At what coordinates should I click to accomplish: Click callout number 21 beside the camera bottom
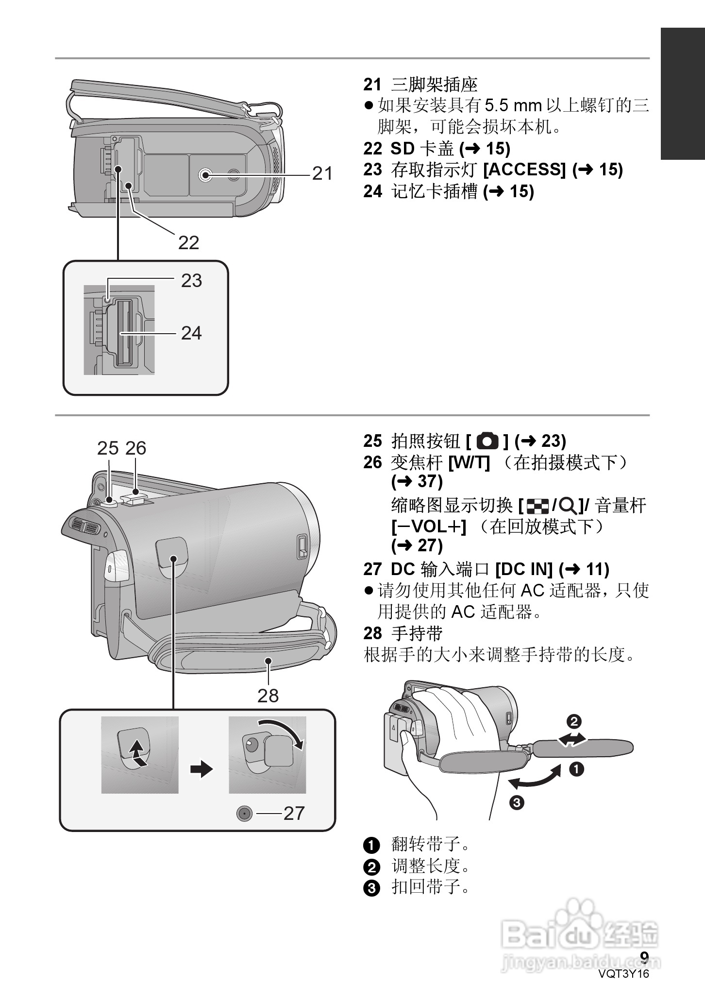point(322,173)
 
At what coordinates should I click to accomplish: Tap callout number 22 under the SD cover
point(188,242)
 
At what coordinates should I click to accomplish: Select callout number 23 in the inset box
point(191,280)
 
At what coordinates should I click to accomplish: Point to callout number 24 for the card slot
point(191,333)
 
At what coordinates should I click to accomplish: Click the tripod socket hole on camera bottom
point(205,174)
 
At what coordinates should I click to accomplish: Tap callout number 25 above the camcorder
point(107,448)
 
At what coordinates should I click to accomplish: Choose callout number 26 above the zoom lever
point(135,448)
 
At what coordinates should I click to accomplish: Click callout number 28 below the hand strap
point(268,696)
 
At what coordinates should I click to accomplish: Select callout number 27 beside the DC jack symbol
point(294,813)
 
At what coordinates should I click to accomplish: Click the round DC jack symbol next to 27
point(245,813)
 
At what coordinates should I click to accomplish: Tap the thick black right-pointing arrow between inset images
point(201,769)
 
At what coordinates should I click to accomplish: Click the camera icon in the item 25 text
point(487,441)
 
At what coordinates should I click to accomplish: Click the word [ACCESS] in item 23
point(525,170)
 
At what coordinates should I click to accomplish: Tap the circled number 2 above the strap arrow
point(574,721)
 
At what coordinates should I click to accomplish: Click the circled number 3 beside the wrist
point(517,802)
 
